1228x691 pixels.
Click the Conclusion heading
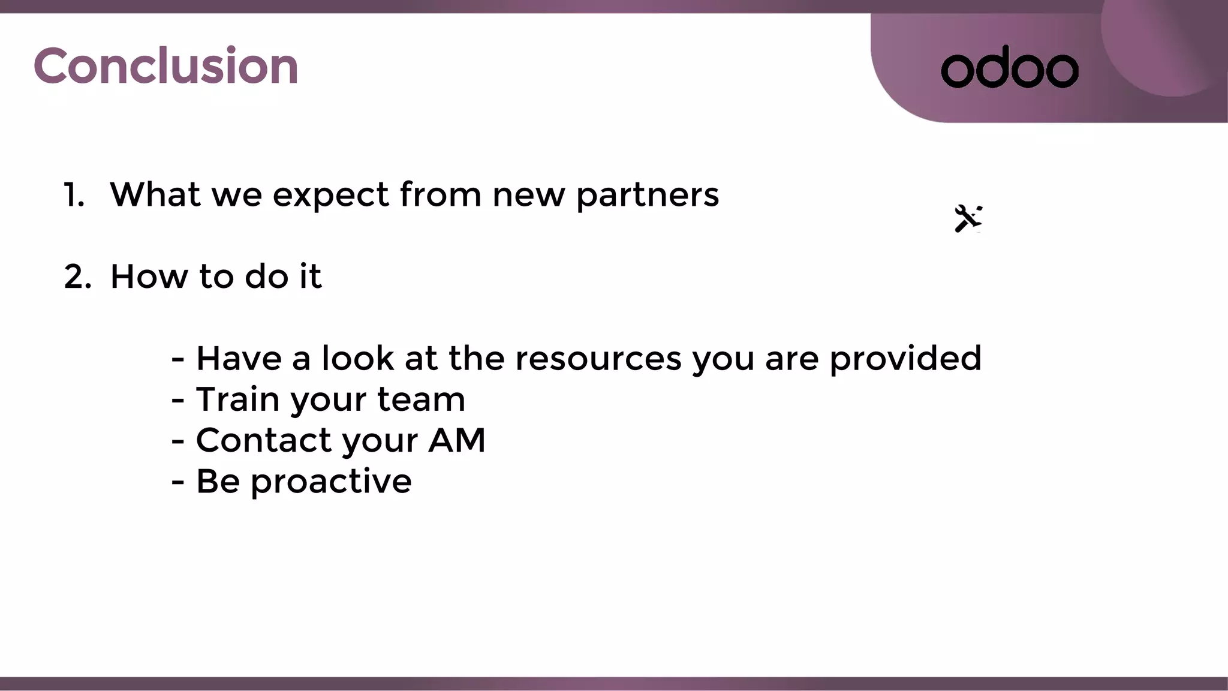pos(165,66)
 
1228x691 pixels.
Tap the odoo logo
pos(1010,68)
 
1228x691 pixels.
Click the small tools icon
pos(968,218)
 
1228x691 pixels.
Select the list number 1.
pos(74,195)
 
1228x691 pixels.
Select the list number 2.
pos(77,277)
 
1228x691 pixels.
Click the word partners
pos(648,196)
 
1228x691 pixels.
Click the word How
pos(149,277)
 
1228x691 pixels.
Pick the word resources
pos(598,359)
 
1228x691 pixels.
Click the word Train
pos(237,399)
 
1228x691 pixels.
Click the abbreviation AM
pos(457,440)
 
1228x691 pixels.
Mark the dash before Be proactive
pos(177,482)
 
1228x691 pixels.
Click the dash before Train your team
pos(177,400)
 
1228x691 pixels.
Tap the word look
pos(358,359)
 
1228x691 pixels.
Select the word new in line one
pos(528,196)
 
